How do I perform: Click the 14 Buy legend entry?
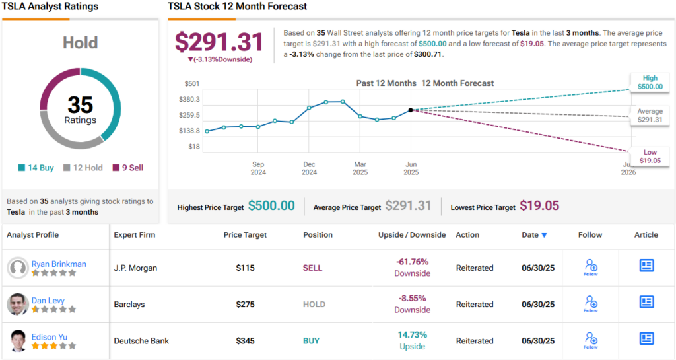(36, 168)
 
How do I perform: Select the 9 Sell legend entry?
(128, 168)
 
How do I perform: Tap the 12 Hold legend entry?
(83, 168)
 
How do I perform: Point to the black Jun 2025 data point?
(411, 110)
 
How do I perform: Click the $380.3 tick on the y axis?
(189, 99)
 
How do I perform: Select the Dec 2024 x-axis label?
(309, 168)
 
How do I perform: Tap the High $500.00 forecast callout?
(650, 82)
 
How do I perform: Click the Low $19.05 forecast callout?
(650, 157)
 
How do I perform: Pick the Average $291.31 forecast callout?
(650, 115)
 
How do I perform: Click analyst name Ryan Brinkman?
(59, 264)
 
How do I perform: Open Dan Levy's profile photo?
(18, 304)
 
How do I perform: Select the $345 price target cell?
(246, 341)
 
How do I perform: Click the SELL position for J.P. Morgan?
(312, 268)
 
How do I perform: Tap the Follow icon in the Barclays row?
(591, 303)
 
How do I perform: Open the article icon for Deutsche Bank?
(647, 338)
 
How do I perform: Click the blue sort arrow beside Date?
(544, 235)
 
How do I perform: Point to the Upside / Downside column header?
(412, 235)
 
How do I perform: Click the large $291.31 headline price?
(219, 42)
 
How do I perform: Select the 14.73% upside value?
(413, 334)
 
